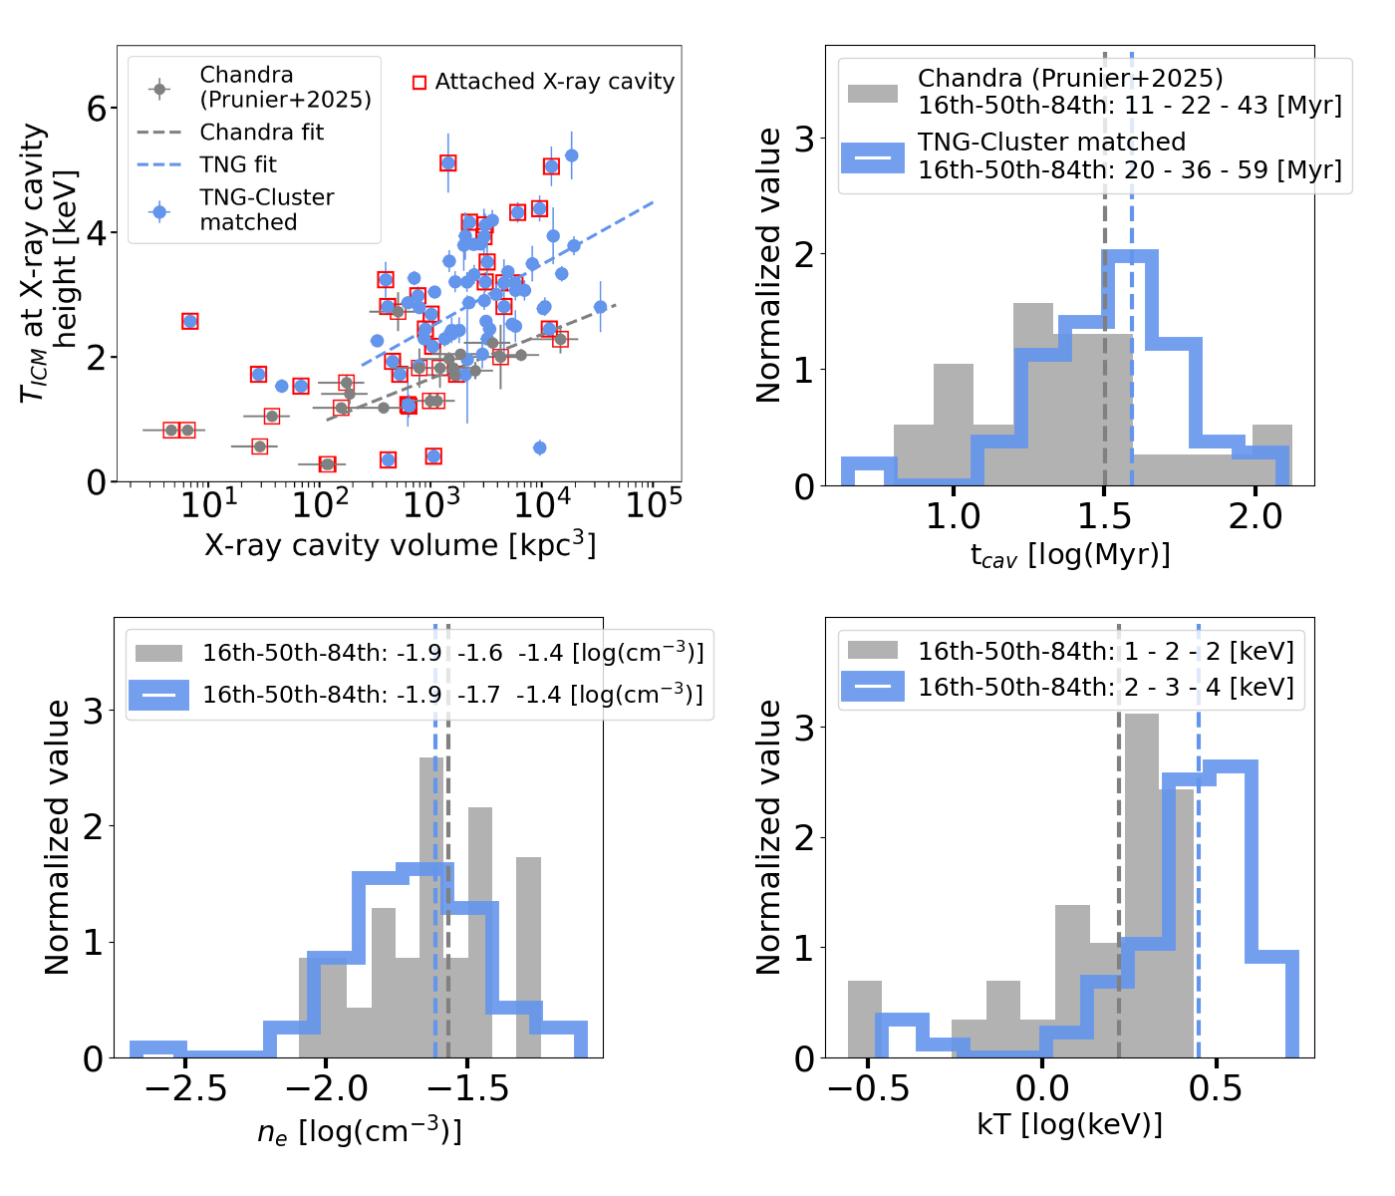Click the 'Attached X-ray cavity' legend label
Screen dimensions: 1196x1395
pos(554,82)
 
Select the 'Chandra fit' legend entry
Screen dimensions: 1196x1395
pos(261,133)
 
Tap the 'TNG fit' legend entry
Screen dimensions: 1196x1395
pos(238,164)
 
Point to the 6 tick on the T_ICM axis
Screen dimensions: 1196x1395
pos(97,109)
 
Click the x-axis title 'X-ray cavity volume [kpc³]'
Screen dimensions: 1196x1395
pos(400,545)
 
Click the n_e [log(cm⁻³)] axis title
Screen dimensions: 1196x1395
pos(360,1131)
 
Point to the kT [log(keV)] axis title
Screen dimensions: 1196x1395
pos(1070,1125)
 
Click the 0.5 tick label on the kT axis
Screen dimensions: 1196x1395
pos(1216,1089)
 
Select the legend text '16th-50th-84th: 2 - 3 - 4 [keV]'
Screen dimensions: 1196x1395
pos(1106,688)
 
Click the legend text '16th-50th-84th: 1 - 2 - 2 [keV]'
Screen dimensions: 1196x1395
pos(1106,652)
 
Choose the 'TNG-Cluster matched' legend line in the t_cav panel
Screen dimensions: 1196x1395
pos(873,157)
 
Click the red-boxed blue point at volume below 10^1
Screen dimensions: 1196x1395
pos(189,321)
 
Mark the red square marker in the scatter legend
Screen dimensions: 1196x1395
pos(419,83)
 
